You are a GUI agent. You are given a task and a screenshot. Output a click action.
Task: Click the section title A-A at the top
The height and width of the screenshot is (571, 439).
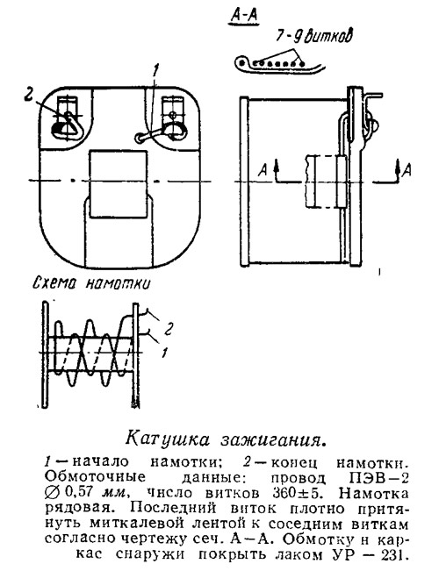pyautogui.click(x=243, y=17)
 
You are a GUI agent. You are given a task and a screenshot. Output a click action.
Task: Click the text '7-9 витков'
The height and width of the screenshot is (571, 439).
pyautogui.click(x=314, y=36)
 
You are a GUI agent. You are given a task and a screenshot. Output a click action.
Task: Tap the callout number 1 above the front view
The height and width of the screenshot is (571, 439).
pyautogui.click(x=155, y=71)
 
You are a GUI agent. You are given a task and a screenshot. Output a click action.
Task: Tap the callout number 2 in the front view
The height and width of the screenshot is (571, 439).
pyautogui.click(x=28, y=94)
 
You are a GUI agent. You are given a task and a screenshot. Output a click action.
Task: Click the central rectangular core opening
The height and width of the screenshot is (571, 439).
pyautogui.click(x=119, y=184)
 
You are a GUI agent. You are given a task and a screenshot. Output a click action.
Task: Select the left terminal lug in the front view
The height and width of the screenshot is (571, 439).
pyautogui.click(x=68, y=118)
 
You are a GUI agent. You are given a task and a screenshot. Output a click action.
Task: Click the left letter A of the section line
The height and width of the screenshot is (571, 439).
pyautogui.click(x=263, y=170)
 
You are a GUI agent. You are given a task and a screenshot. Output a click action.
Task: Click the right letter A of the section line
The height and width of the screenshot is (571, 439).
pyautogui.click(x=407, y=170)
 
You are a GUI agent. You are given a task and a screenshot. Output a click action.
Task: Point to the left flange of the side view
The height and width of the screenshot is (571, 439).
pyautogui.click(x=243, y=180)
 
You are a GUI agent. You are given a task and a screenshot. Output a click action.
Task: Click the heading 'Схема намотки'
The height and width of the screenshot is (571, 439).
pyautogui.click(x=91, y=283)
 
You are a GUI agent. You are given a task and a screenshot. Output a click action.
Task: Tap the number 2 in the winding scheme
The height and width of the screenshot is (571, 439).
pyautogui.click(x=168, y=330)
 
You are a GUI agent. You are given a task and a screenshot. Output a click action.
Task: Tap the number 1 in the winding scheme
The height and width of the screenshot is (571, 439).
pyautogui.click(x=165, y=352)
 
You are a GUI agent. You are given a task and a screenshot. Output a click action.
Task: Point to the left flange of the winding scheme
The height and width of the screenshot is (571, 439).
pyautogui.click(x=45, y=353)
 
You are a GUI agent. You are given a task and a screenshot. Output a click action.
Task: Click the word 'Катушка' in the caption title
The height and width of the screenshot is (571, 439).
pyautogui.click(x=168, y=438)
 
